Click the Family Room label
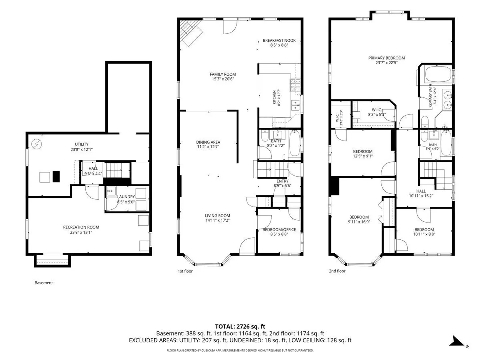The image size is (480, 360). pyautogui.click(x=223, y=74)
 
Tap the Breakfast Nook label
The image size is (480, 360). pyautogui.click(x=279, y=40)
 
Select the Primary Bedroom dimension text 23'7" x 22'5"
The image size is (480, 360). pyautogui.click(x=386, y=63)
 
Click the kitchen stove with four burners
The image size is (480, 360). pyautogui.click(x=295, y=85)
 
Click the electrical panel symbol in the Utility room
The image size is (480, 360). pyautogui.click(x=37, y=144)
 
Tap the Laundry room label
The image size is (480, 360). pyautogui.click(x=126, y=197)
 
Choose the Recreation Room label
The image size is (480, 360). pyautogui.click(x=81, y=227)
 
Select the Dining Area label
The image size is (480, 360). pyautogui.click(x=208, y=142)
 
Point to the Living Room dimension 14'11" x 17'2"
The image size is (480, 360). pyautogui.click(x=217, y=220)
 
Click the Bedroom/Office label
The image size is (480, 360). pyautogui.click(x=279, y=230)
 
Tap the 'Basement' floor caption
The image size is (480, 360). pyautogui.click(x=44, y=283)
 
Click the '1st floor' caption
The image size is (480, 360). pyautogui.click(x=185, y=271)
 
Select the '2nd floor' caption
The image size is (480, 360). pyautogui.click(x=337, y=271)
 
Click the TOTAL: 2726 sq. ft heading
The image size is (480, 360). pyautogui.click(x=240, y=327)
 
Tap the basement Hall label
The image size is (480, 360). pyautogui.click(x=93, y=169)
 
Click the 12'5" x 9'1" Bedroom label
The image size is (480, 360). pyautogui.click(x=363, y=151)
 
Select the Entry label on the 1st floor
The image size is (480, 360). pyautogui.click(x=282, y=181)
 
